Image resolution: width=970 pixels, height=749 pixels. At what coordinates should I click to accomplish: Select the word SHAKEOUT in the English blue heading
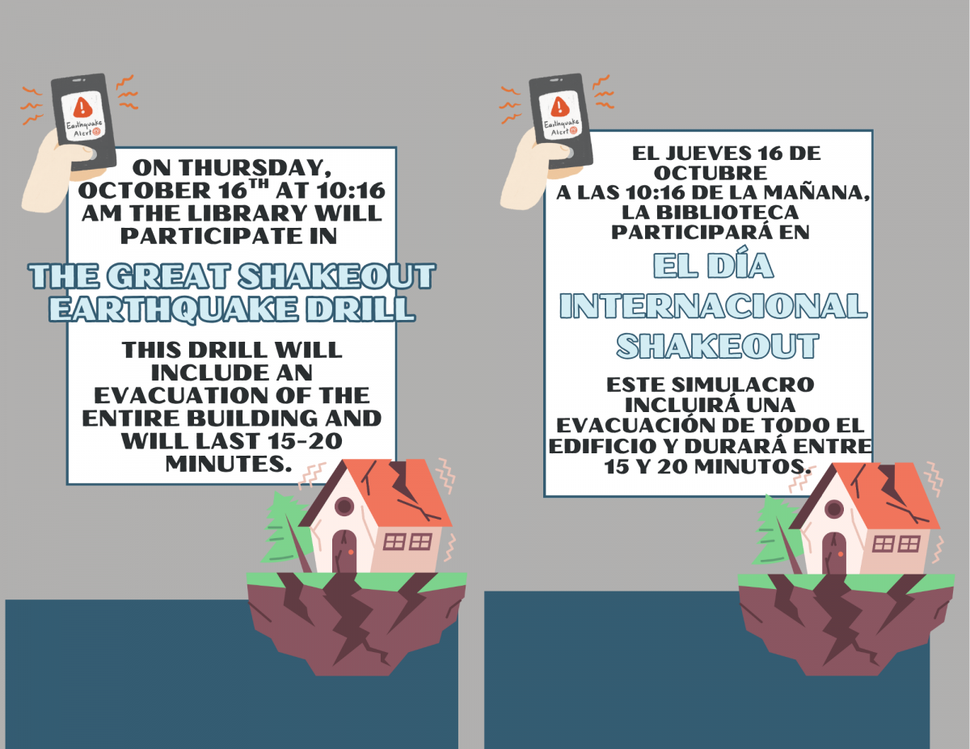point(336,276)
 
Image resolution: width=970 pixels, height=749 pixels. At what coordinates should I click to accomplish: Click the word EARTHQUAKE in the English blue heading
point(174,309)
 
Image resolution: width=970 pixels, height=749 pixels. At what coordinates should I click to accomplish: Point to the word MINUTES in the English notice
point(226,465)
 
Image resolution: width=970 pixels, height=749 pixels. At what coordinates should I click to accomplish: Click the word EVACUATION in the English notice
point(181,395)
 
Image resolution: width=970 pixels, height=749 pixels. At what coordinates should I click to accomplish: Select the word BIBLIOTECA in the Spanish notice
point(711,212)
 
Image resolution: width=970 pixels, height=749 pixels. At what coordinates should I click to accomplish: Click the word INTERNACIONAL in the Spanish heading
point(714,306)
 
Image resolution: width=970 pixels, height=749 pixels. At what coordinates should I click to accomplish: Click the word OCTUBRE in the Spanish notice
point(711,173)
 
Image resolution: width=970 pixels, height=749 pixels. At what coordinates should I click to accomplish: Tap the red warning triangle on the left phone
point(82,107)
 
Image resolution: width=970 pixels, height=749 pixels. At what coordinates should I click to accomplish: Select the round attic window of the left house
point(344,507)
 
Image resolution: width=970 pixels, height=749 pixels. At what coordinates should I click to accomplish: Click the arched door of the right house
point(834,553)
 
